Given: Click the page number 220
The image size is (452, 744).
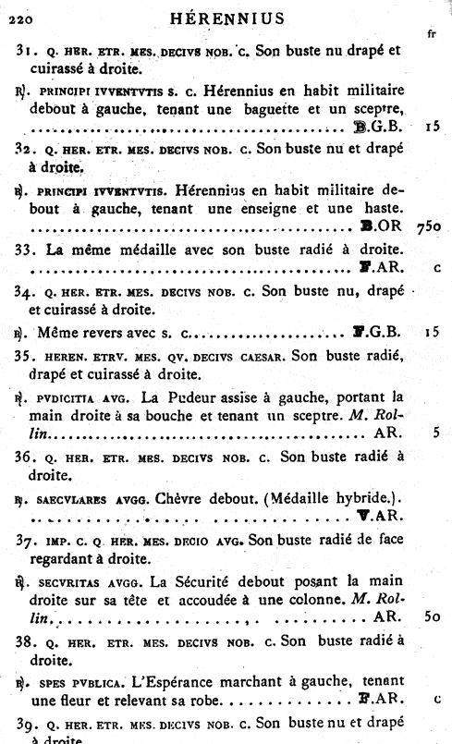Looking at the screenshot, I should pyautogui.click(x=19, y=18).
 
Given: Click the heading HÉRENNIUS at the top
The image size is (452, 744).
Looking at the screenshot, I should pyautogui.click(x=234, y=18).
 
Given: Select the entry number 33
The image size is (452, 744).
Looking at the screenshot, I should pyautogui.click(x=27, y=250).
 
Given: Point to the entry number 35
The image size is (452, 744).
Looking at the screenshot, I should pyautogui.click(x=27, y=356).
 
